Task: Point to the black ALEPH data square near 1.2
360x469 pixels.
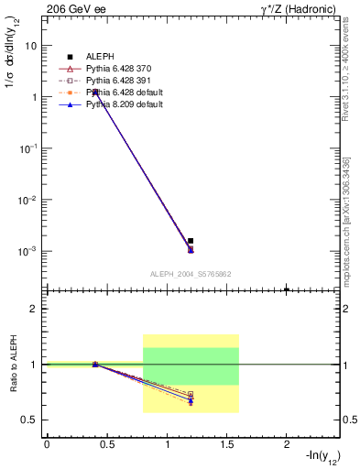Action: point(191,241)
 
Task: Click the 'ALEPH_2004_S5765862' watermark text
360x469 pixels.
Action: point(191,274)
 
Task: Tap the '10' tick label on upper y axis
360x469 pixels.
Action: point(30,45)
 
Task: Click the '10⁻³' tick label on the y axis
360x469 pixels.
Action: point(27,251)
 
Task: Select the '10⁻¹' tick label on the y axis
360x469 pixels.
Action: point(27,148)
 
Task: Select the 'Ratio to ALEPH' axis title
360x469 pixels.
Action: point(14,365)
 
